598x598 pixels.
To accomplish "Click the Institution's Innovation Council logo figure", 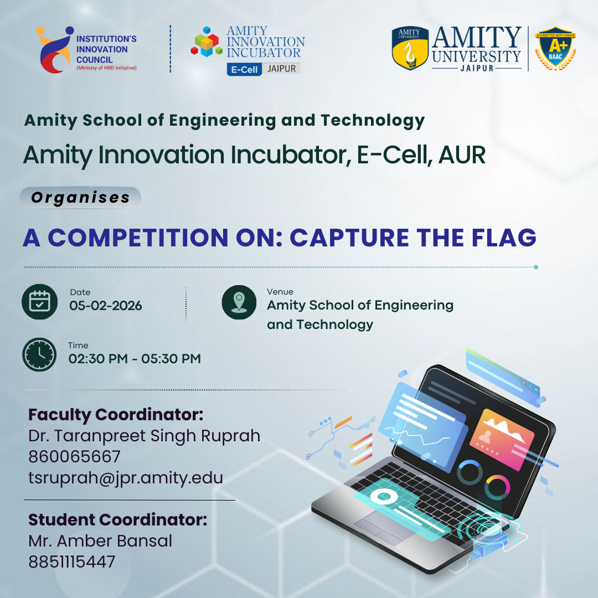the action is tap(54, 50).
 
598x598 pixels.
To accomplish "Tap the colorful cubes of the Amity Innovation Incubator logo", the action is tap(207, 42).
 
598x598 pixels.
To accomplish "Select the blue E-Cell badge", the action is tap(244, 69).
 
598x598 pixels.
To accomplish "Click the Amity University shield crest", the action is tap(410, 48).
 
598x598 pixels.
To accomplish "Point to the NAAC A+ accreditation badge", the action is tap(555, 48).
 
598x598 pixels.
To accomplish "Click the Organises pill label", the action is tap(80, 198).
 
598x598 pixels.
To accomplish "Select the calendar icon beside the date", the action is tap(40, 302).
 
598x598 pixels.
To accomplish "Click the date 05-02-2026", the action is tap(106, 306).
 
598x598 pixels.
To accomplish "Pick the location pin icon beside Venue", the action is tap(239, 302).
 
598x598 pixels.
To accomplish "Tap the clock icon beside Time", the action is tap(39, 355).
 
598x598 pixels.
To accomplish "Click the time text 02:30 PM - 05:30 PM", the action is tap(135, 359).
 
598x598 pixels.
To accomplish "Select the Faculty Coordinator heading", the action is tap(116, 415).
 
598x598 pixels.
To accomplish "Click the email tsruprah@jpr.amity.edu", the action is tap(126, 478).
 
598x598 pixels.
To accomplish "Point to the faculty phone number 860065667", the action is tap(74, 456).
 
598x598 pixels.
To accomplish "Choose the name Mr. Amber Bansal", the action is tap(100, 541).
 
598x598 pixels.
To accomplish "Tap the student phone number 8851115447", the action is tap(71, 562).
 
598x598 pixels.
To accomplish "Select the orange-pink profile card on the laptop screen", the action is tap(502, 439).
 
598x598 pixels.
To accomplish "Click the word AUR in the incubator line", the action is tap(462, 155).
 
